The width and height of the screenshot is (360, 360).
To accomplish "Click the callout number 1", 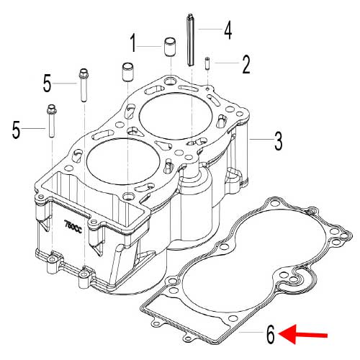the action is click(133, 43).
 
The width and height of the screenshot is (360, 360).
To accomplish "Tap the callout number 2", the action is click(246, 64).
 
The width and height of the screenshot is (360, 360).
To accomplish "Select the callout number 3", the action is click(278, 141).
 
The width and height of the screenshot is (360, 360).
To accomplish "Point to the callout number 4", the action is click(228, 30).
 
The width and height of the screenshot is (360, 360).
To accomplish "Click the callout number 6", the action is click(271, 334).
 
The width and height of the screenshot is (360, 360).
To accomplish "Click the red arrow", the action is click(303, 335).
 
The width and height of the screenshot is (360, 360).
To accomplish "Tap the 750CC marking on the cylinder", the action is click(73, 225).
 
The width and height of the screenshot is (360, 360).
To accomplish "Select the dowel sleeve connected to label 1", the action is click(170, 47).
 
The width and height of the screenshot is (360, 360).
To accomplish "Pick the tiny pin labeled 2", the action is click(207, 63).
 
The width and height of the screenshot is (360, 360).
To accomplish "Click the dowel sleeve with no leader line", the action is click(128, 72).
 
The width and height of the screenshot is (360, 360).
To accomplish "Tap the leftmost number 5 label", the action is click(16, 130).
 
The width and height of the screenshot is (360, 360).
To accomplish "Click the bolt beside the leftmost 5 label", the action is click(52, 121).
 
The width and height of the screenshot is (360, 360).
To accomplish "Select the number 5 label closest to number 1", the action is click(48, 84).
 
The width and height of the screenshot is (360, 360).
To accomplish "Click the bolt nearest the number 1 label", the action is click(84, 85).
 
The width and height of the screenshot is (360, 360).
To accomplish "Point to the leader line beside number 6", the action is click(251, 333).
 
